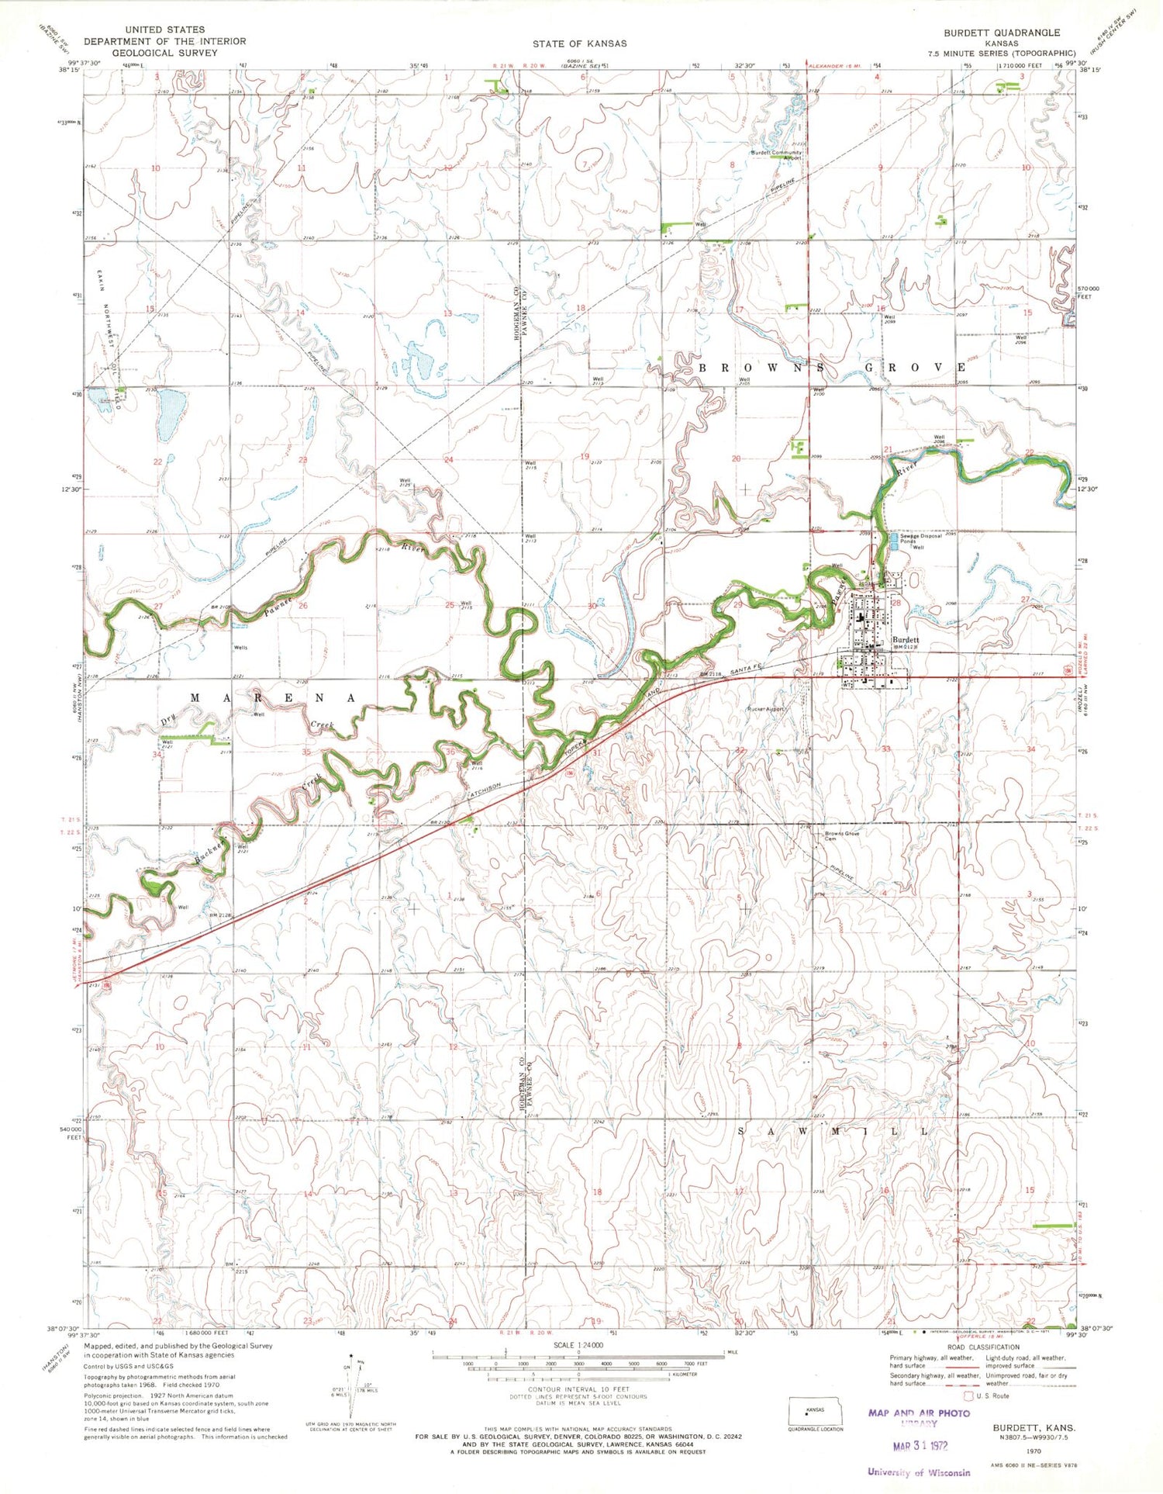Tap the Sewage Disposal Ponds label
click(920, 538)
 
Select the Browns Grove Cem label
click(842, 835)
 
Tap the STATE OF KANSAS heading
click(579, 43)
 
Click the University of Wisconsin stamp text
click(919, 1472)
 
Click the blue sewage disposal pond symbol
click(894, 541)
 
